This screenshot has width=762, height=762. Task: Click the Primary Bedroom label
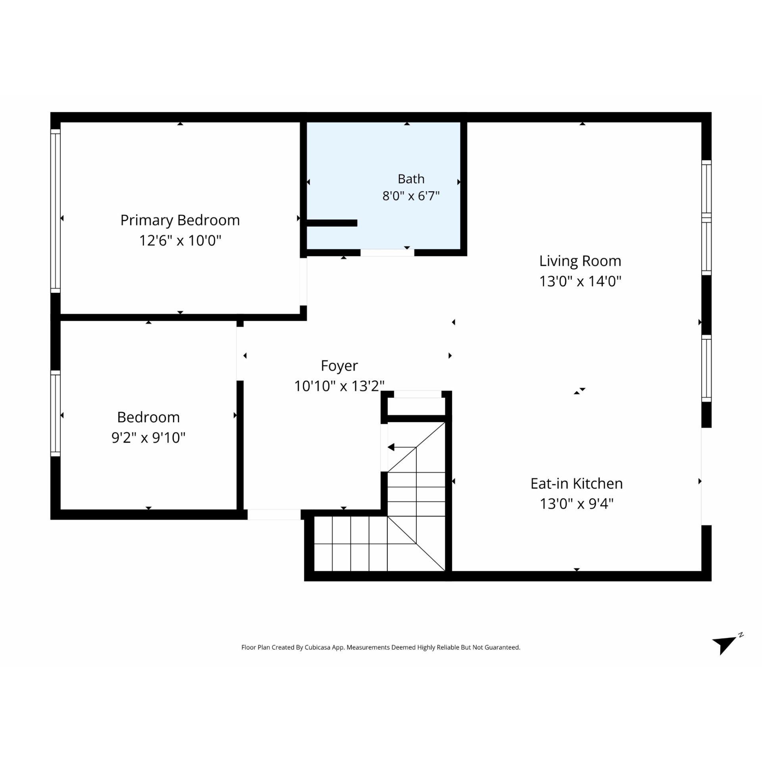(180, 220)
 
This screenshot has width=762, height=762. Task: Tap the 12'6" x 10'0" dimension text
(180, 241)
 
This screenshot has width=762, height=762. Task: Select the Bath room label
(411, 179)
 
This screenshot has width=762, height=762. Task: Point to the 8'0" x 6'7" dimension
(411, 196)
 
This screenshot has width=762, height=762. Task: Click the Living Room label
(580, 261)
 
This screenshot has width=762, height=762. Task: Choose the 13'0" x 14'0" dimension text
(580, 281)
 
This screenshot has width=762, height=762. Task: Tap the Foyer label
(339, 366)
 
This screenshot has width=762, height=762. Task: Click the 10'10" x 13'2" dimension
(339, 386)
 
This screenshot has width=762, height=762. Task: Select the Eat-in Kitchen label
(577, 484)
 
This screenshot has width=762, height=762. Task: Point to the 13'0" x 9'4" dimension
(577, 504)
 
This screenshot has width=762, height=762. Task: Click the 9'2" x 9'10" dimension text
(148, 438)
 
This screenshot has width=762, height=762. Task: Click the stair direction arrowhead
(391, 447)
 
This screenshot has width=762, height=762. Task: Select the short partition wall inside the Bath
(332, 223)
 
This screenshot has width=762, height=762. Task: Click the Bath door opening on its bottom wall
(387, 253)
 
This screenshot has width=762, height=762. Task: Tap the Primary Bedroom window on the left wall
(55, 211)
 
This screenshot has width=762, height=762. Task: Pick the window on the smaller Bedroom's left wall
(55, 413)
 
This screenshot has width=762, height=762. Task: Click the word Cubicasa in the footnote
(317, 648)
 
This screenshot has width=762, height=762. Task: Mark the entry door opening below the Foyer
(274, 515)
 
